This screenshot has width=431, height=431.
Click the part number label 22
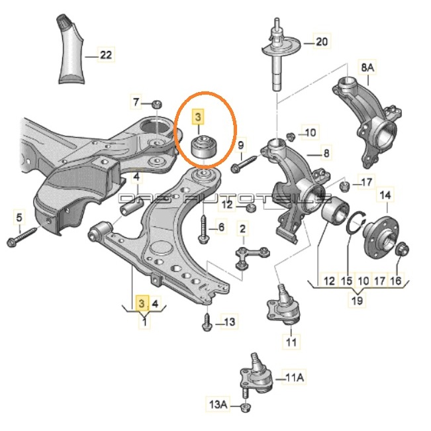tap(106, 55)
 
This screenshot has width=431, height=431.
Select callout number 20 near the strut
tap(321, 42)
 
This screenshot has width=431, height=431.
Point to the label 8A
tap(367, 68)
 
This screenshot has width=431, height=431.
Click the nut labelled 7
tap(157, 103)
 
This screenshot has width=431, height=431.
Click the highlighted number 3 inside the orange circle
tap(198, 118)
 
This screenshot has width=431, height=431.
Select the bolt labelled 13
tap(207, 323)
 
